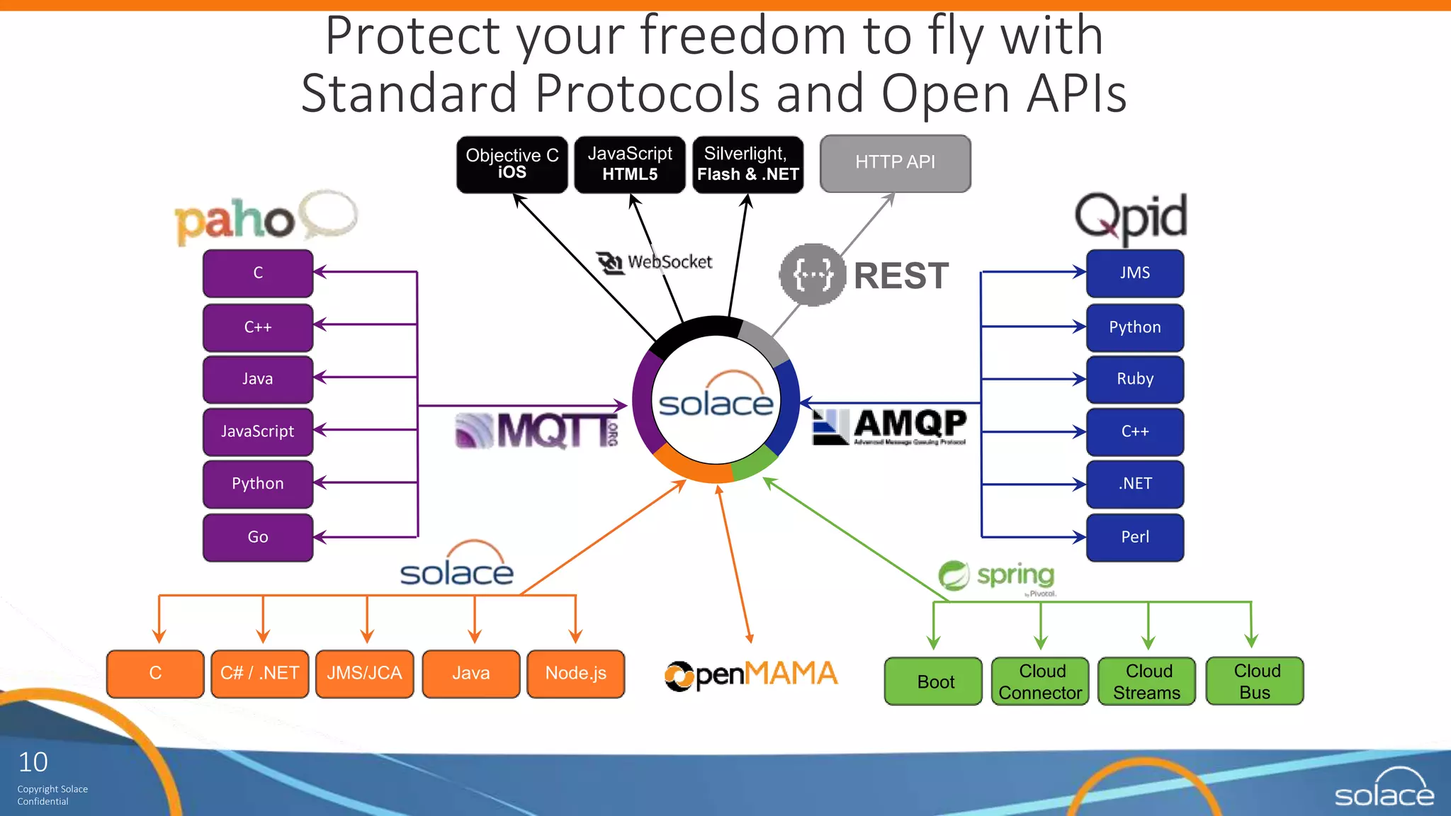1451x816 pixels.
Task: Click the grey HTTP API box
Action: pos(895,163)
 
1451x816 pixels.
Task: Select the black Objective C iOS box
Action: pos(512,164)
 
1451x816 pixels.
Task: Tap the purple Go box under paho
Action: pos(258,537)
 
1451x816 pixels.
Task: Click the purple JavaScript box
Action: pos(258,431)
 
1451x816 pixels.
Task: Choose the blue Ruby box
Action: pos(1134,379)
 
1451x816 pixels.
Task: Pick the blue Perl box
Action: pos(1134,537)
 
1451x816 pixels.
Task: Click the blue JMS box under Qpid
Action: pos(1134,273)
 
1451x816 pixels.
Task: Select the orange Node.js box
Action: pos(575,674)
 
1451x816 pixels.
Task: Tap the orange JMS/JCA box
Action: pos(364,674)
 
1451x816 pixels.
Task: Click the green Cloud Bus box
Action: pos(1255,681)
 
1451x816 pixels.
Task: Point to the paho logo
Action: pos(265,218)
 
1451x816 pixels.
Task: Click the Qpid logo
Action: pos(1131,216)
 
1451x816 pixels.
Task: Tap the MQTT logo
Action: pos(537,430)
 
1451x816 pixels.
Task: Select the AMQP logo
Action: pos(891,426)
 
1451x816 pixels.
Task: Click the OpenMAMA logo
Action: pos(751,674)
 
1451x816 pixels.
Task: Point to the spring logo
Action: pos(998,576)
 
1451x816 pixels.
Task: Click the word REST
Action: pos(900,276)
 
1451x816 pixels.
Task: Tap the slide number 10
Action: pos(33,762)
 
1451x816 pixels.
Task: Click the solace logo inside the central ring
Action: pos(716,398)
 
